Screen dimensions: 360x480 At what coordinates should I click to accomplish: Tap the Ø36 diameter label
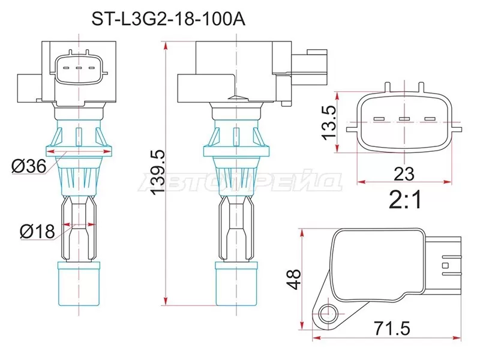pyautogui.click(x=29, y=166)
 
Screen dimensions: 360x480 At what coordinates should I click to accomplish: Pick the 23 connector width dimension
pyautogui.click(x=405, y=174)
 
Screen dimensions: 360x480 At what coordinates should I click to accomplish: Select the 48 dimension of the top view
pyautogui.click(x=293, y=278)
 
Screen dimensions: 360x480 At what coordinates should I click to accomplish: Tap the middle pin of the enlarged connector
pyautogui.click(x=404, y=119)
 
